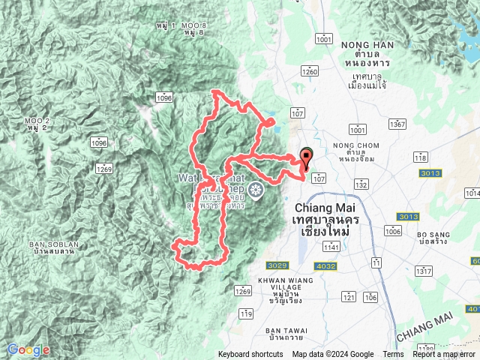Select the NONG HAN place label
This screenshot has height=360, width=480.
point(361,46)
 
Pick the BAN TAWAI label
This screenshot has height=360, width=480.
point(285,331)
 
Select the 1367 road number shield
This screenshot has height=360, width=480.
point(397,124)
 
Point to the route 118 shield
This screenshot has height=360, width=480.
point(420,157)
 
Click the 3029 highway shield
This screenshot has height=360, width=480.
point(277,265)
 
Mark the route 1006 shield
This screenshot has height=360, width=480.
point(393,232)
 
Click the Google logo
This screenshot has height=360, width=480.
point(28,349)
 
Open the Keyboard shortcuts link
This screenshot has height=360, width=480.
point(250,355)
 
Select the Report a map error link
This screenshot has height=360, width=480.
point(444,355)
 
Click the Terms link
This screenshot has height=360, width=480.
point(393,355)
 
